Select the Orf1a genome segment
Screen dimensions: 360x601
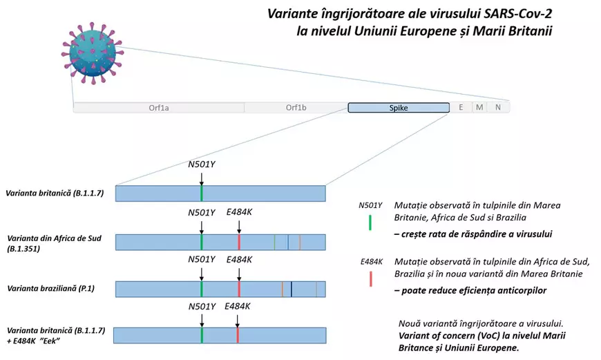click(158, 108)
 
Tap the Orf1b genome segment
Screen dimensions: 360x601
click(295, 108)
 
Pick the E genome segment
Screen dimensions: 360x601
click(460, 108)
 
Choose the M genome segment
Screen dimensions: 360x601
click(478, 108)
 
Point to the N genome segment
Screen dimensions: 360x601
click(497, 108)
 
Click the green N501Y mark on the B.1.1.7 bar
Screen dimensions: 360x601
click(202, 193)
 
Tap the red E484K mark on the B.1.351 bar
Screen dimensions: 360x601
click(239, 242)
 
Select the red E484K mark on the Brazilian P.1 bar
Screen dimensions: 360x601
click(239, 289)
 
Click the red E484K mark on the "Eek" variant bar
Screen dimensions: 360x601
click(238, 335)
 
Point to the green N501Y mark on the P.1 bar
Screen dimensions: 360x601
click(202, 289)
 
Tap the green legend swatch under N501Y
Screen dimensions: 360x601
click(371, 222)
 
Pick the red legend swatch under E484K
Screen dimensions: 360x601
click(371, 278)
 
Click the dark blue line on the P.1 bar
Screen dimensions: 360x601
click(292, 289)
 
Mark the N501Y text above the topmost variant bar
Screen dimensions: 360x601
click(202, 164)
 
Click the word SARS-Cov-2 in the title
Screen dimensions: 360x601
click(511, 15)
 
